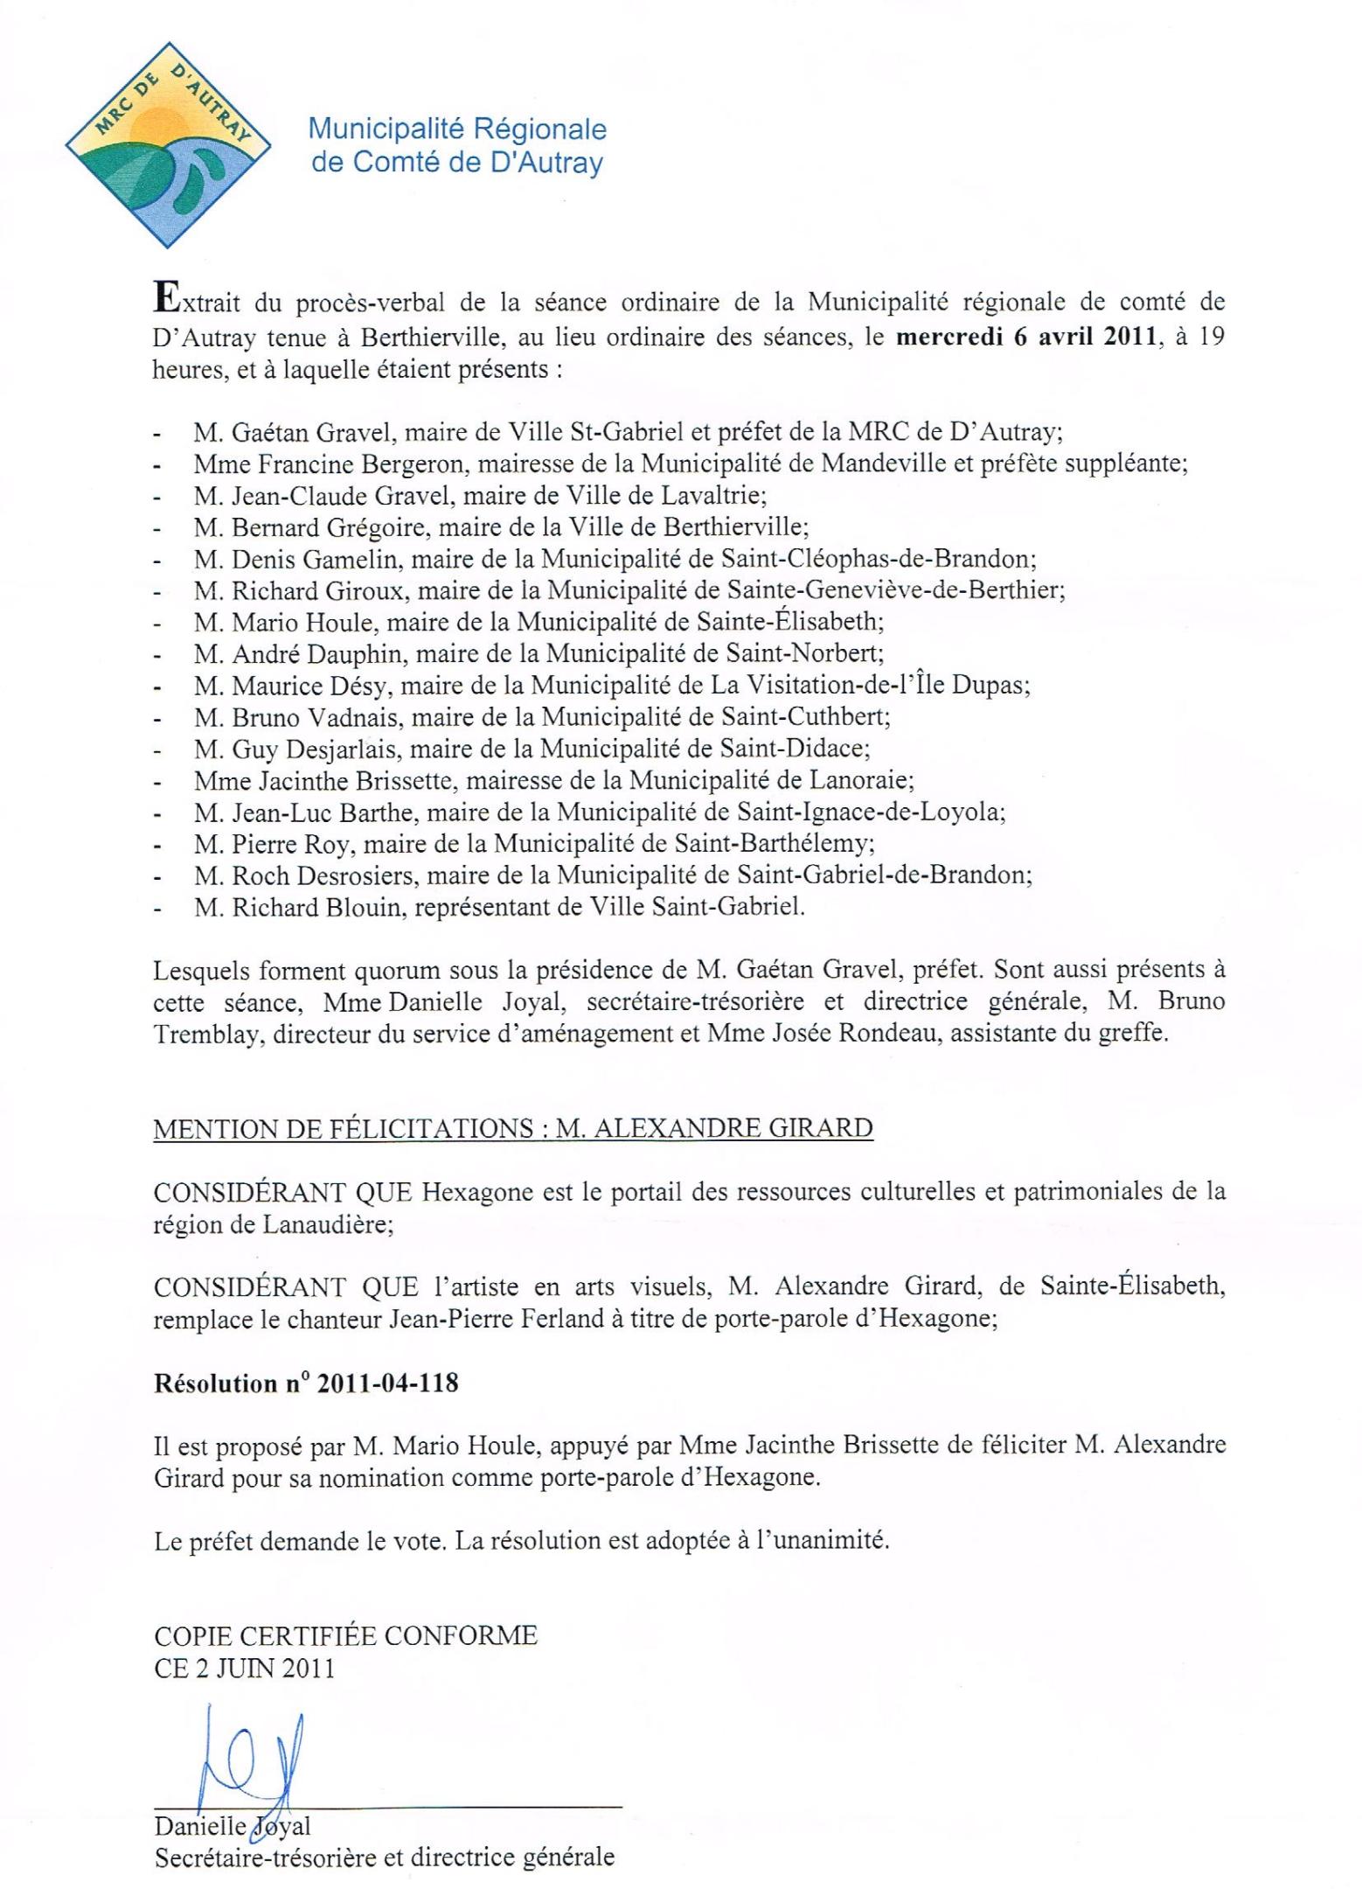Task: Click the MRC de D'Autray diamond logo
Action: click(168, 144)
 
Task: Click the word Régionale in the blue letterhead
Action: click(539, 129)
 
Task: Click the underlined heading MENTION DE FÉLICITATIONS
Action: click(344, 1128)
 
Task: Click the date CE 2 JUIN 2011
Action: click(245, 1668)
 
